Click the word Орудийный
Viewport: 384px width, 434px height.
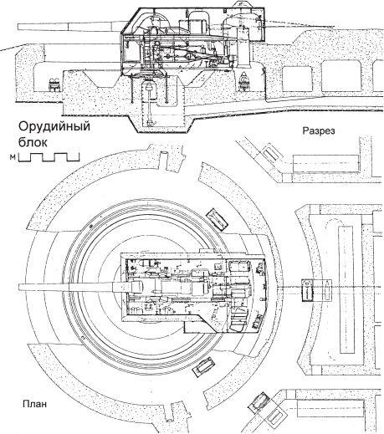(x=54, y=127)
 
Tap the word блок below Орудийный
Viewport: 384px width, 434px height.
(x=33, y=142)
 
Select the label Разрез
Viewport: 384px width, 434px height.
(x=319, y=131)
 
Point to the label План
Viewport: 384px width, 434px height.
(x=35, y=404)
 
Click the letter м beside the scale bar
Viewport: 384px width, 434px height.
(x=13, y=157)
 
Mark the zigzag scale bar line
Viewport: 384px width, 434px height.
(x=49, y=157)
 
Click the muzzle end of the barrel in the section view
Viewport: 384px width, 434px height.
(x=18, y=27)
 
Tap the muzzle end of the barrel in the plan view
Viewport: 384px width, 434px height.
(x=19, y=288)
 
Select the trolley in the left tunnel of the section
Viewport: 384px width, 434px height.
(x=54, y=84)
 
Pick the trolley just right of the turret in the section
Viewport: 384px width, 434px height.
(x=244, y=81)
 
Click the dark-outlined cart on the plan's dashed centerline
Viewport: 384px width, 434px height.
(x=306, y=290)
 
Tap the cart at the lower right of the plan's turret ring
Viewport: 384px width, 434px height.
(x=204, y=367)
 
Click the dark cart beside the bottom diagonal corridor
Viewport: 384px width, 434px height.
(x=259, y=402)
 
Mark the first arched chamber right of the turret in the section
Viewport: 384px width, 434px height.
(x=297, y=79)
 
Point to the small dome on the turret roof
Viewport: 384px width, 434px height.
(x=241, y=4)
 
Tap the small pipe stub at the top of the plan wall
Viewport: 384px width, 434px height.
(x=164, y=155)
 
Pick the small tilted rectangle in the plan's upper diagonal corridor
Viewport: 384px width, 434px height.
(x=271, y=153)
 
